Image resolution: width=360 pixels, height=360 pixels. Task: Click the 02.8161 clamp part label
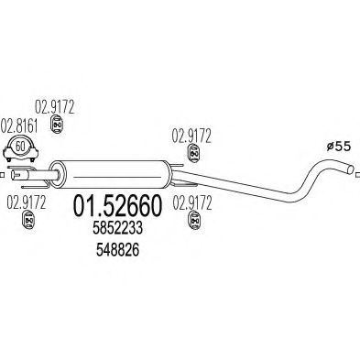(19, 125)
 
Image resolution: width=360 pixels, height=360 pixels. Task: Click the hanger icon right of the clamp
(54, 146)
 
